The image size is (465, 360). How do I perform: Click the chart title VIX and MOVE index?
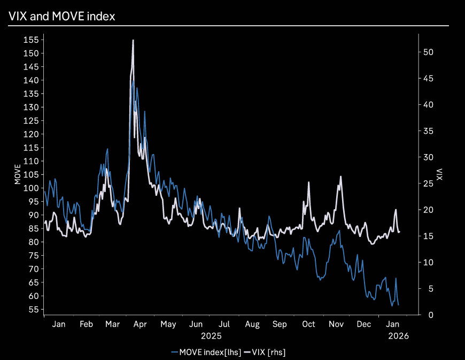point(62,17)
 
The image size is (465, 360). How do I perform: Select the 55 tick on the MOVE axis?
point(33,310)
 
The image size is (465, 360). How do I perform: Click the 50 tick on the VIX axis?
point(426,52)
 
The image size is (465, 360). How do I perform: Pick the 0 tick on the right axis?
point(424,315)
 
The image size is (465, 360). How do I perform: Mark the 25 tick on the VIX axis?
point(426,184)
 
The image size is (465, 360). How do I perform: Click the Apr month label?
point(140,324)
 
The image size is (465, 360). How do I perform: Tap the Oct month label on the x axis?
point(308,324)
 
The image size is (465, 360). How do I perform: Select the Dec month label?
point(364,324)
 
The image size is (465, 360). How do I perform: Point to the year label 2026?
point(398,336)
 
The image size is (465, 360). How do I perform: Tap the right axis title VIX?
point(439,174)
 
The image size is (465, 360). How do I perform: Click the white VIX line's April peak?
point(133,41)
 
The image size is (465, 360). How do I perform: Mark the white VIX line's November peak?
point(340,177)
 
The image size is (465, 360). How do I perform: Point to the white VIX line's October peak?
point(308,182)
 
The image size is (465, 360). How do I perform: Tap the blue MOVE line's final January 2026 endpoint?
point(398,305)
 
